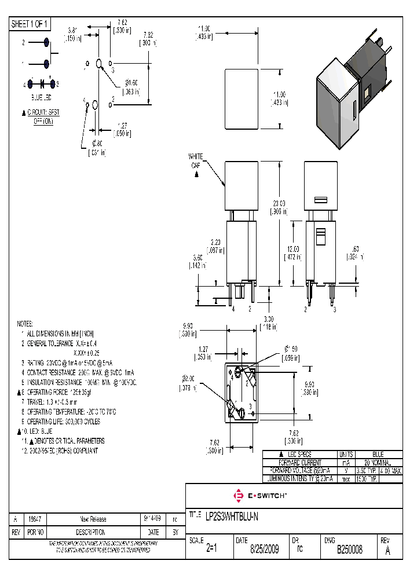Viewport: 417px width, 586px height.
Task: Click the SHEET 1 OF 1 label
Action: click(30, 24)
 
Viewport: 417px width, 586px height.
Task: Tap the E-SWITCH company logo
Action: click(259, 496)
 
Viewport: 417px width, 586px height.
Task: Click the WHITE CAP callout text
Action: click(196, 161)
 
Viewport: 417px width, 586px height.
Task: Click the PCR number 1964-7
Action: click(36, 519)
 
